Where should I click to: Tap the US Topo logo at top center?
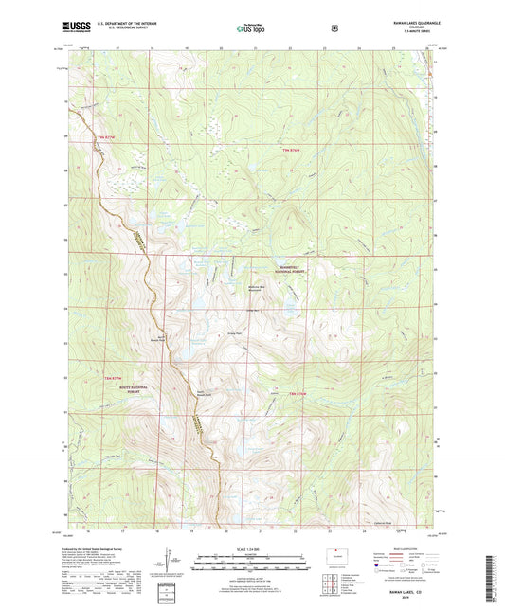[251, 28]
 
